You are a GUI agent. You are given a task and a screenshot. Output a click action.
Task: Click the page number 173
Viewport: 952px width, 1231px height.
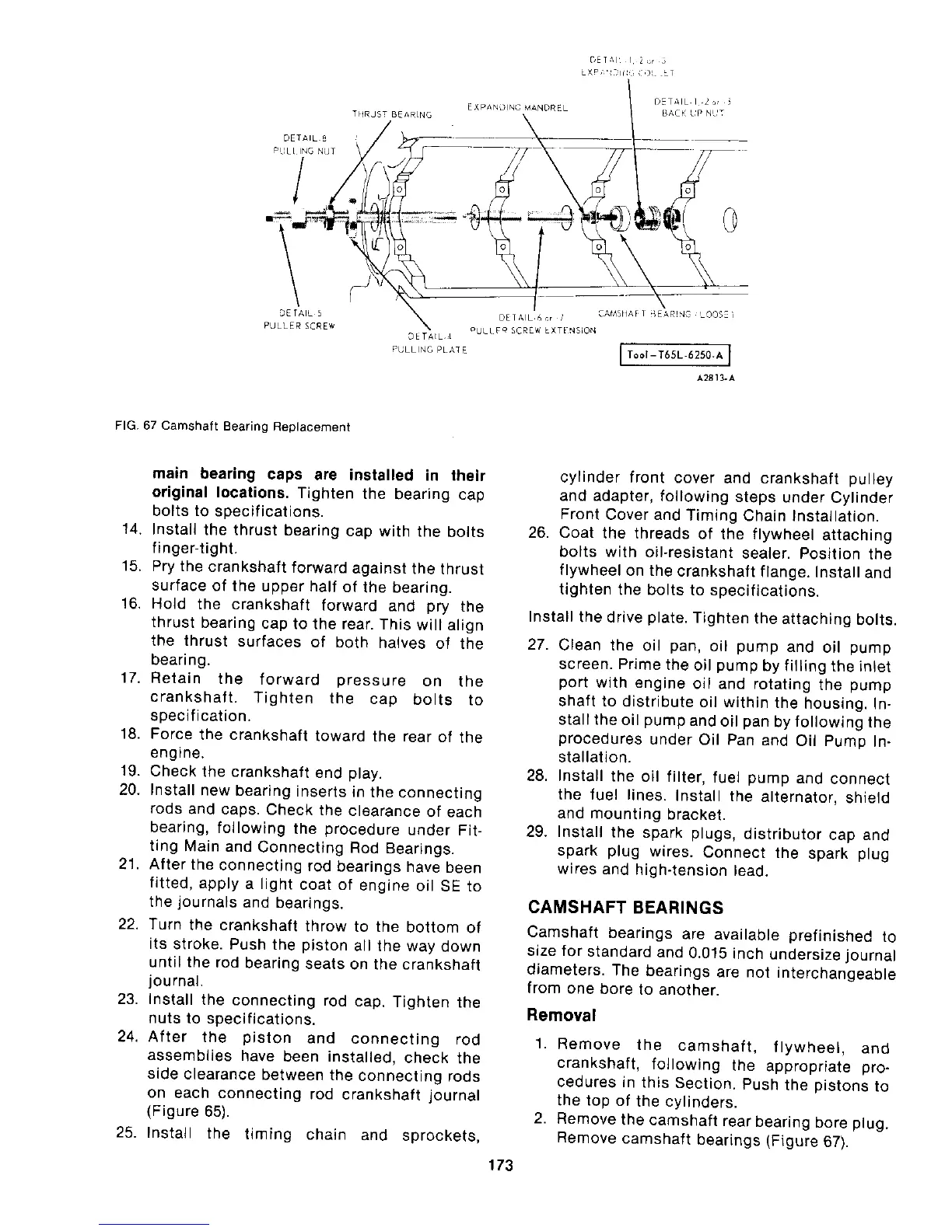(497, 1165)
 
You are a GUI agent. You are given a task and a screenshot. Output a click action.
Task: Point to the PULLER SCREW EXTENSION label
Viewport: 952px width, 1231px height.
(534, 330)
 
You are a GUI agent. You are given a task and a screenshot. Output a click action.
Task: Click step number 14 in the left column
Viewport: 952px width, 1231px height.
(130, 532)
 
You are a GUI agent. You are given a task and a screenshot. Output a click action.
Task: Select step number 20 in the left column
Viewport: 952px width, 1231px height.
(129, 792)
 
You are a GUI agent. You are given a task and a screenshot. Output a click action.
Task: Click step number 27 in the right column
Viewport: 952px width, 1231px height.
(538, 647)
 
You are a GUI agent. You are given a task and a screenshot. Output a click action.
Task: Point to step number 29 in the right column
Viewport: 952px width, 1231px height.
(538, 835)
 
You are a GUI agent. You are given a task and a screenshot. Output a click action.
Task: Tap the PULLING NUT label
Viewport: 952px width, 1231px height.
(303, 144)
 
